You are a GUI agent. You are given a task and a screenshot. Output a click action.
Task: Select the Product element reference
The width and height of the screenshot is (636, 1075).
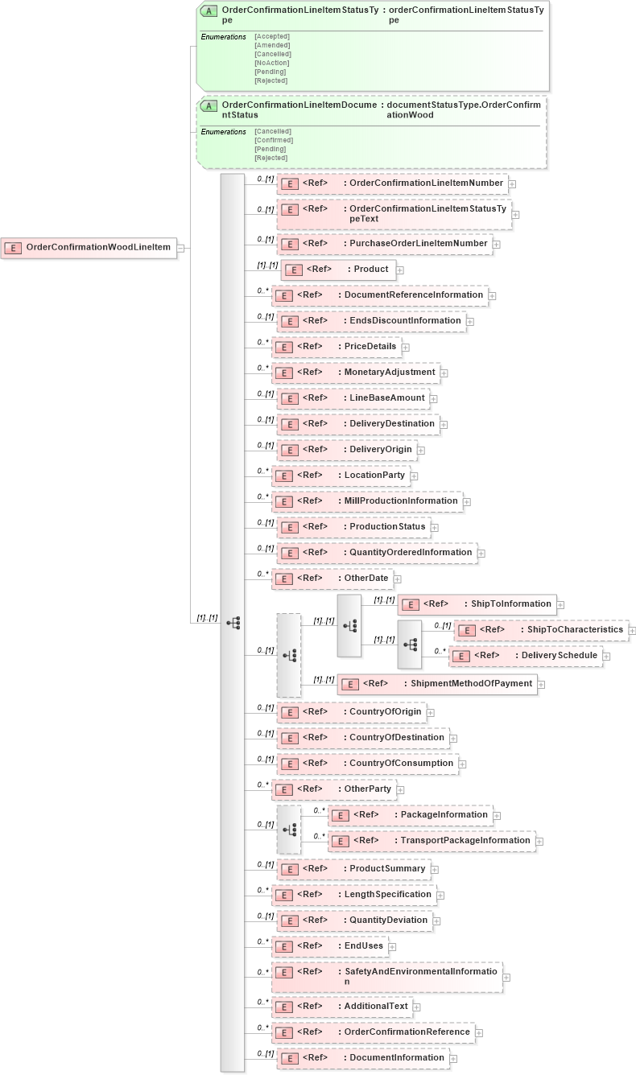tap(338, 270)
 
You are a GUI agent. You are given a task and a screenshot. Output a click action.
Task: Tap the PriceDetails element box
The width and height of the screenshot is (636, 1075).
tap(338, 347)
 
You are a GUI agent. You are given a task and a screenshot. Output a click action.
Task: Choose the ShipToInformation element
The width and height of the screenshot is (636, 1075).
tap(477, 604)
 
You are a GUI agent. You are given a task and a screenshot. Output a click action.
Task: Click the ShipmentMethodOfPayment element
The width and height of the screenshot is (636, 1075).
tap(440, 684)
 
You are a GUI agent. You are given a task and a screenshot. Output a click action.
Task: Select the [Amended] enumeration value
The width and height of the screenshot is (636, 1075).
tap(272, 45)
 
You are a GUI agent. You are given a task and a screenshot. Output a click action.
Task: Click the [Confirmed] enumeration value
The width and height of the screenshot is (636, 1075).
tap(274, 140)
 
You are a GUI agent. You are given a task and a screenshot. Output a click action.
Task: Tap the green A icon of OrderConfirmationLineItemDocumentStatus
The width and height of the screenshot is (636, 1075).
tap(209, 106)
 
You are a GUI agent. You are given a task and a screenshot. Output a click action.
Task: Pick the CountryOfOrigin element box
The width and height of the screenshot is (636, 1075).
tap(351, 712)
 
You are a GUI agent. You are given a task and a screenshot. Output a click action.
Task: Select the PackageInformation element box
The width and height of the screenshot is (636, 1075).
tap(410, 815)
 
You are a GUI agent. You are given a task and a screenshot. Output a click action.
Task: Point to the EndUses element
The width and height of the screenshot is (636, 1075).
tap(329, 946)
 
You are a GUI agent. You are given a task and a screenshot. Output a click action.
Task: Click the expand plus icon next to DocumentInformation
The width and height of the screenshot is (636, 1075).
tap(454, 1059)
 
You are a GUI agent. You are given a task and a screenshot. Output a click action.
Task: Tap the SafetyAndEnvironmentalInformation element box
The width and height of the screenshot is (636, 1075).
tap(386, 977)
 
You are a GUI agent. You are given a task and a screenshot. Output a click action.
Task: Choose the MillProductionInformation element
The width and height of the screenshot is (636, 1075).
tap(366, 501)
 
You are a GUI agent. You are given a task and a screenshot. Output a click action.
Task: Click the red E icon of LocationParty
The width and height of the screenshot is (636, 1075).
tap(283, 476)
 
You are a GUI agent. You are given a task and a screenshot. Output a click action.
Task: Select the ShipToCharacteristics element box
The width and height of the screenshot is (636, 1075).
tap(540, 630)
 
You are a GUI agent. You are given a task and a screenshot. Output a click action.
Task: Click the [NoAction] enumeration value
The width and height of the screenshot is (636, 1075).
tap(272, 63)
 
